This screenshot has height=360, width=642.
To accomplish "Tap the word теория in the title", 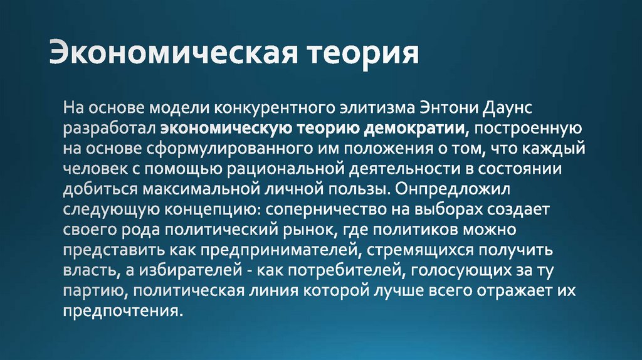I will tap(362, 52).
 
